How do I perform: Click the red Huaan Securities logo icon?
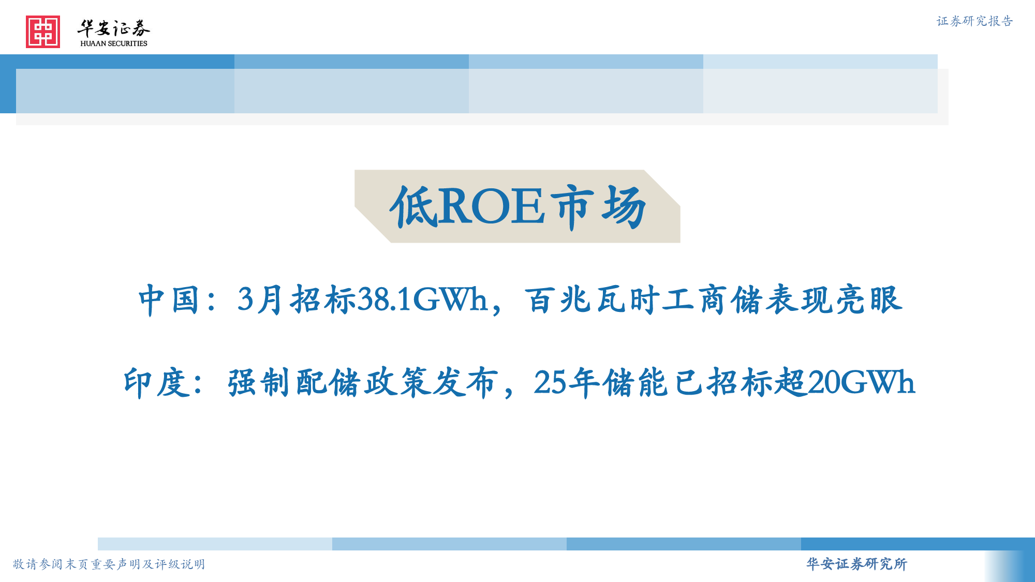coord(43,32)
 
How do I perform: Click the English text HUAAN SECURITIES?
coord(114,43)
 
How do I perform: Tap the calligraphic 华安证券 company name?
coord(114,28)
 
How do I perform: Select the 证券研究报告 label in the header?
coord(974,21)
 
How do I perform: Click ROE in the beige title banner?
coord(491,206)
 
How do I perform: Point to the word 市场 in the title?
coord(598,207)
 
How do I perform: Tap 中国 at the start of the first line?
coord(169,300)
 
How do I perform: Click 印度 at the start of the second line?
coord(154,383)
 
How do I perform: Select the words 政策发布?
coord(432,383)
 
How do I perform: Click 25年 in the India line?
coord(567,383)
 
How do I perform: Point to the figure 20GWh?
coord(861,383)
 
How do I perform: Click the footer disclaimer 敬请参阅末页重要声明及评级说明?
coord(109,564)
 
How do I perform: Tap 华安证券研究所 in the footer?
coord(856,564)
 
